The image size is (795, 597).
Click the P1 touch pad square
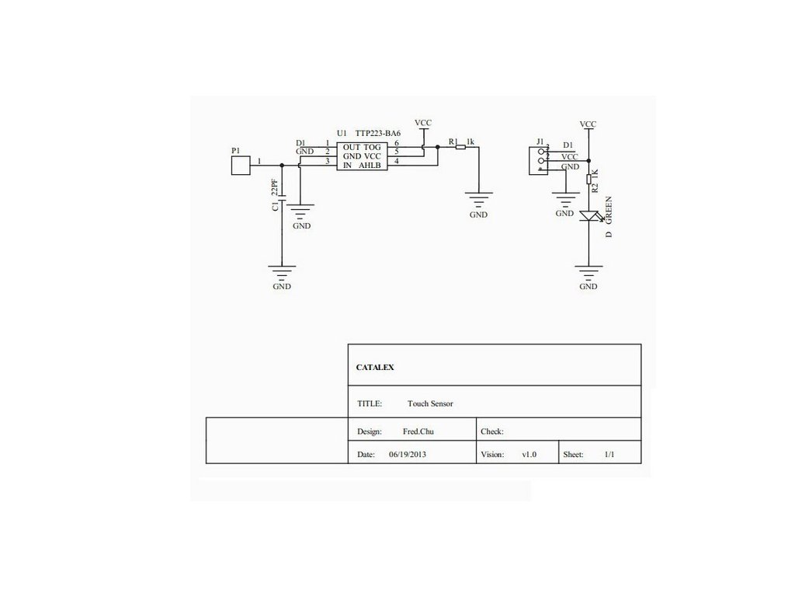[241, 165]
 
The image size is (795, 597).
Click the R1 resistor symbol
[460, 145]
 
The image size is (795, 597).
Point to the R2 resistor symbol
[588, 180]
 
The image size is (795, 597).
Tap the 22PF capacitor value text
[274, 187]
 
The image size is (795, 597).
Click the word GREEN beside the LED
[609, 211]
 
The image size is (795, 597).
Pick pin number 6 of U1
[397, 144]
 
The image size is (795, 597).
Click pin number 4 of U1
[397, 161]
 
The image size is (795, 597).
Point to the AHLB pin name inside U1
[370, 166]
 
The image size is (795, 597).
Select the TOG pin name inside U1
[373, 148]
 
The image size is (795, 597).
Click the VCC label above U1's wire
[423, 123]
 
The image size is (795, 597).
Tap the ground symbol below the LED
[588, 271]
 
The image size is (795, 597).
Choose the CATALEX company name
[375, 368]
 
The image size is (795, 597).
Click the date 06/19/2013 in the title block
[408, 454]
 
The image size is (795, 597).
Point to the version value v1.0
[529, 454]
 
